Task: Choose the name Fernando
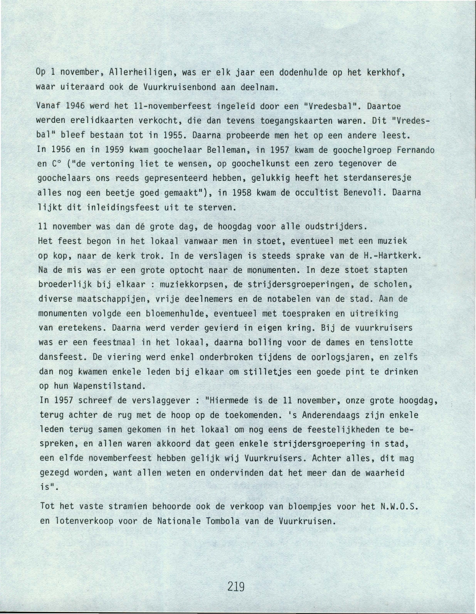[x=416, y=150]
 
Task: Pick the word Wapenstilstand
[x=109, y=386]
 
